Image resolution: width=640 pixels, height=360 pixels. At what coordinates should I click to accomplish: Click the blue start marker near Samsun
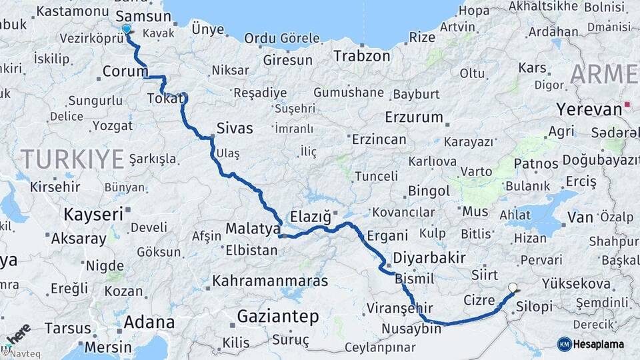coord(127,29)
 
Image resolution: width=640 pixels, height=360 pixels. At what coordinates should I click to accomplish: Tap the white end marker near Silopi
coord(513,288)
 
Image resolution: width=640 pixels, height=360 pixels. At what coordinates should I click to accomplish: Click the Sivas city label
coord(235,127)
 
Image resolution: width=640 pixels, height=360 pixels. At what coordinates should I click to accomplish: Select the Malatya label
coord(253,229)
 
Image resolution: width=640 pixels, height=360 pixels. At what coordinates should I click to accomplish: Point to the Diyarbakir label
coord(429,258)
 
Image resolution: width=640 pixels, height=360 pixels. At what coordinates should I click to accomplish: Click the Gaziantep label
coord(279,316)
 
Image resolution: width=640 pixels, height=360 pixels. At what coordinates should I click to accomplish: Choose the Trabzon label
coord(361,55)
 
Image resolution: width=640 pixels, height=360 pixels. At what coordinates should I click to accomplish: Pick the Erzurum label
coord(413,117)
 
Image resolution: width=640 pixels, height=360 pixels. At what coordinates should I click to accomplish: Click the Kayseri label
coord(93,214)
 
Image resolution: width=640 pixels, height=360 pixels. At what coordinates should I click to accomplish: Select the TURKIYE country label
coord(73,159)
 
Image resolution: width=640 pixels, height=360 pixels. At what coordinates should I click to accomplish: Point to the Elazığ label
coord(311,216)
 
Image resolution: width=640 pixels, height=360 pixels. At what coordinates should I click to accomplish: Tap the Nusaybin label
coord(412,329)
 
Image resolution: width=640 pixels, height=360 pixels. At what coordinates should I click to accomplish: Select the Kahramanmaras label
coord(270,281)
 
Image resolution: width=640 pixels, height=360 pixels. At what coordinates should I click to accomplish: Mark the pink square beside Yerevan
coord(627,105)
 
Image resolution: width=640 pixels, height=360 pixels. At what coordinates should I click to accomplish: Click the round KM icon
coord(564,344)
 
